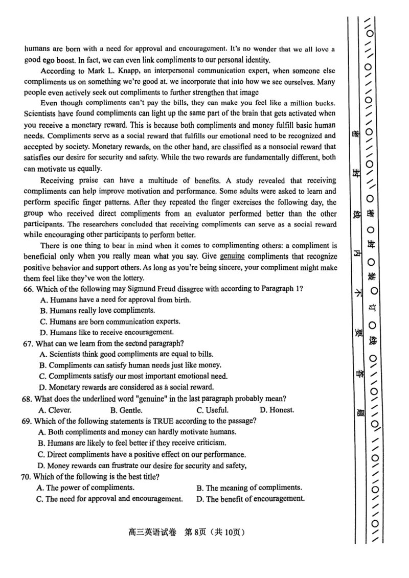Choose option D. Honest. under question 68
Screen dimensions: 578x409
(277, 410)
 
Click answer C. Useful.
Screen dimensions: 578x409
(212, 410)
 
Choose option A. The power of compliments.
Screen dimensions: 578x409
(85, 488)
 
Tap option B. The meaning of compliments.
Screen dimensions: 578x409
(249, 488)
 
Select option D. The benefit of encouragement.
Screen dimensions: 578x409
(251, 499)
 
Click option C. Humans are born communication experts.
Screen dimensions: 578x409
(109, 321)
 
